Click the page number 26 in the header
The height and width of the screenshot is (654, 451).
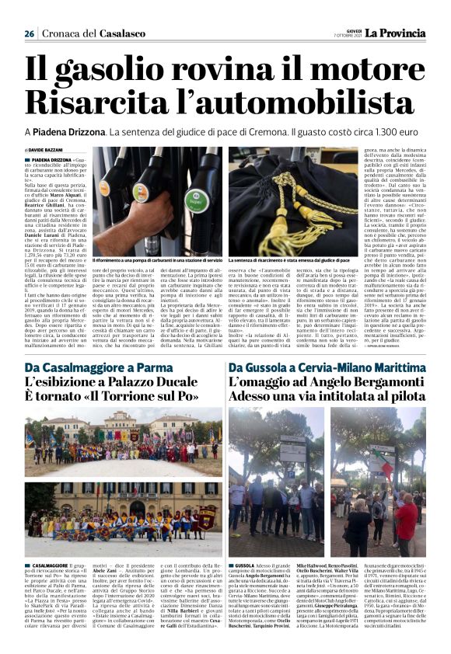coord(29,33)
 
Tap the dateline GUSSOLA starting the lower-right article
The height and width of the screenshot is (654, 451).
coord(246,565)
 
